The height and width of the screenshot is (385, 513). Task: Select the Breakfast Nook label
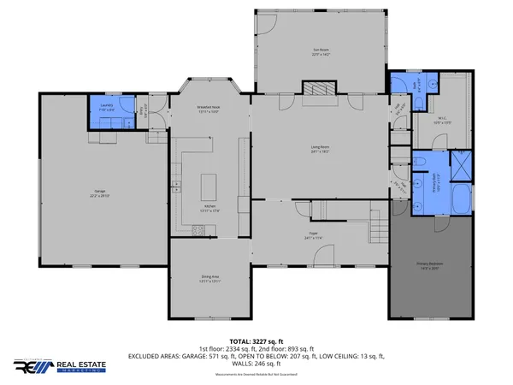click(209, 109)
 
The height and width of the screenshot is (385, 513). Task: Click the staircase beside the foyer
click(378, 229)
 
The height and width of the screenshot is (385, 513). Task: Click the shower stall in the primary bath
click(463, 163)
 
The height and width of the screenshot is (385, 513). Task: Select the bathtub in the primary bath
click(458, 197)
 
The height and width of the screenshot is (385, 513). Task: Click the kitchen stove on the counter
click(198, 228)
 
